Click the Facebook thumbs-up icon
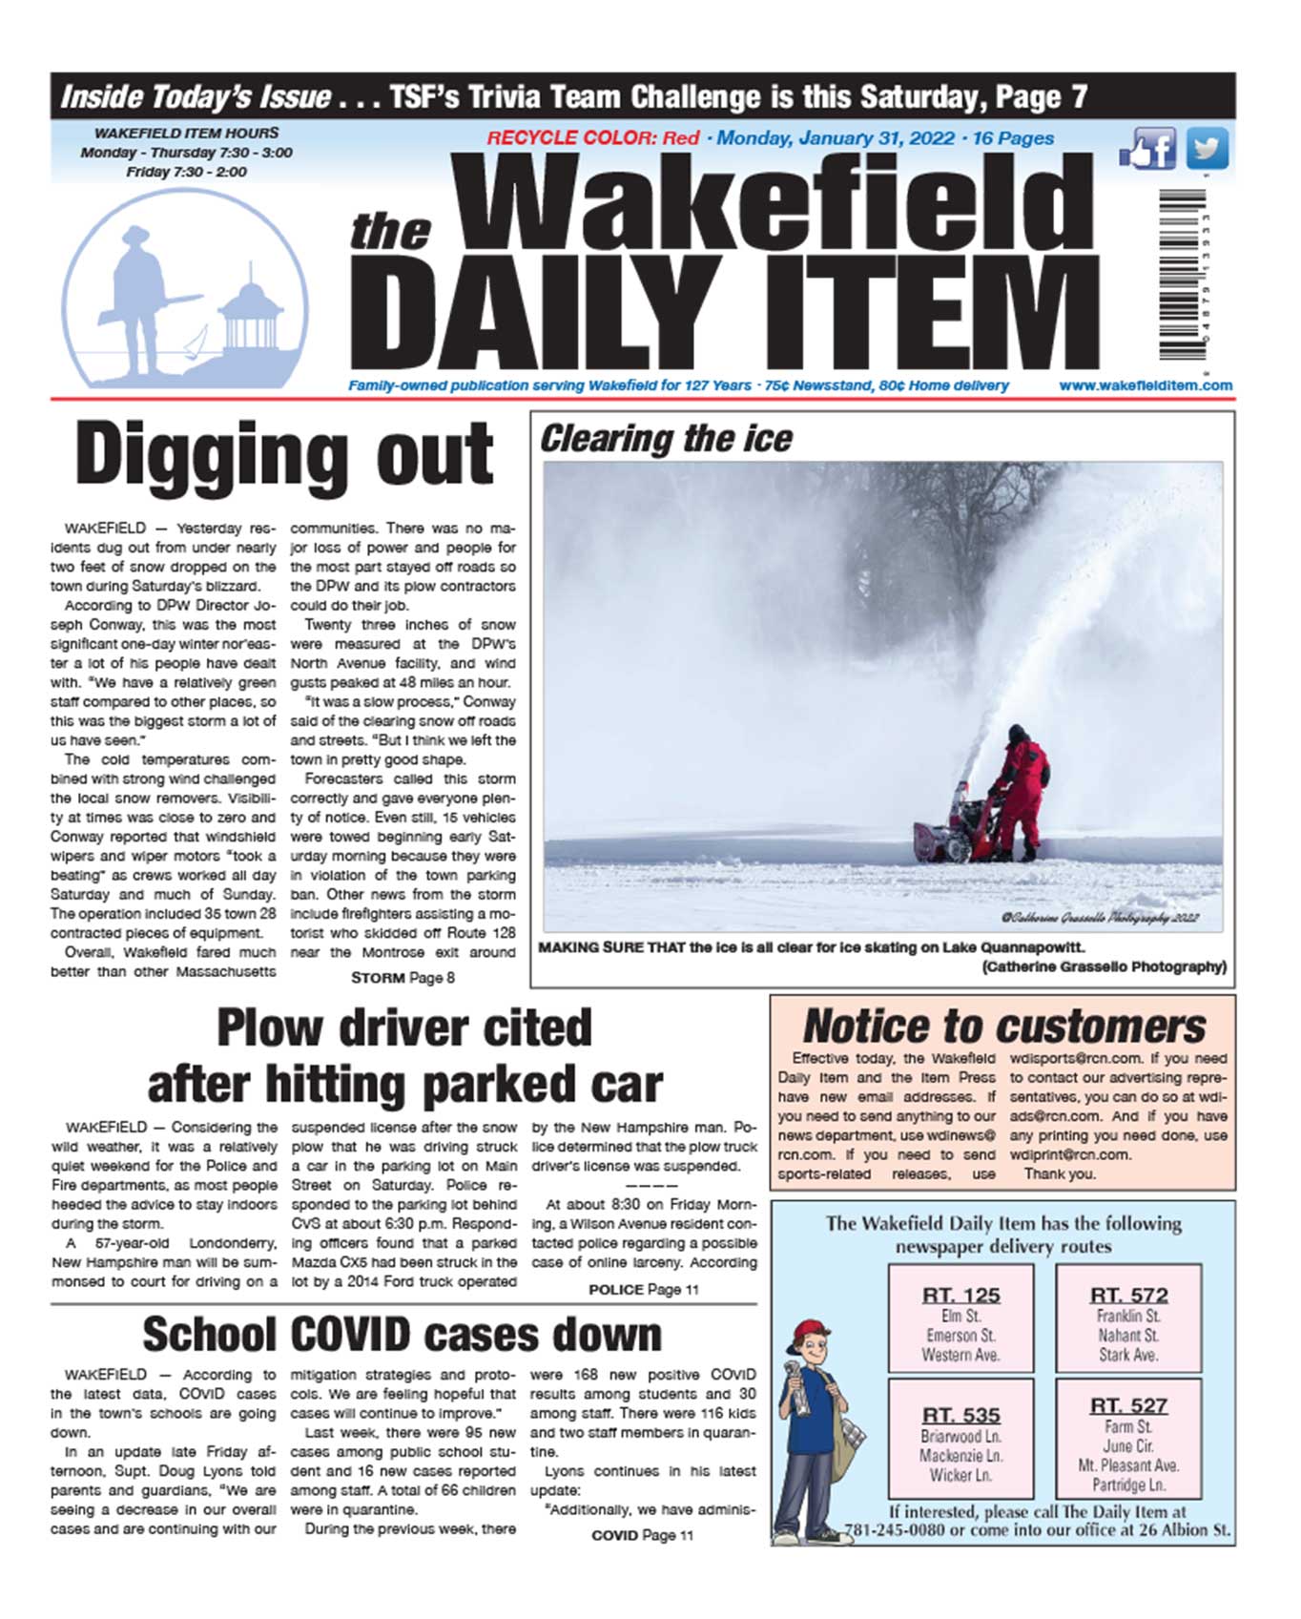(1148, 150)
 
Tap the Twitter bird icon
(1207, 150)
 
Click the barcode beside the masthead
(1183, 275)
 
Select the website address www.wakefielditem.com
(1145, 385)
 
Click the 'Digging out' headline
(284, 456)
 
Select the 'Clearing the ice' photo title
(666, 439)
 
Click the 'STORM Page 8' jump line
(403, 978)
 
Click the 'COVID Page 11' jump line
(642, 1535)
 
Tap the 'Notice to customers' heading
(1003, 1027)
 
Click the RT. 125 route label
(960, 1296)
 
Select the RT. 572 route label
(1128, 1296)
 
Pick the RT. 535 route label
(960, 1415)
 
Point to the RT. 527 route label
(1128, 1405)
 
